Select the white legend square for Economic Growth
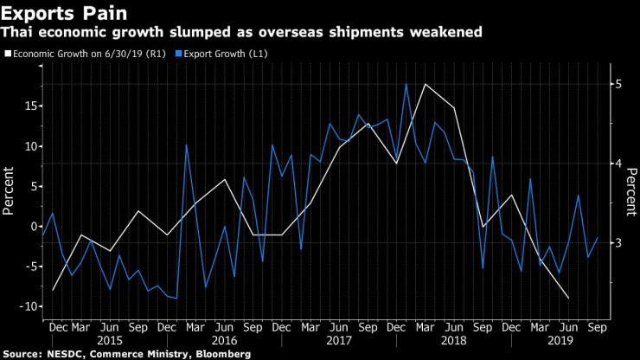(x=8, y=54)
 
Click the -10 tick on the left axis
(x=25, y=306)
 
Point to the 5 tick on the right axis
(x=618, y=84)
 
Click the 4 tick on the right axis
(x=618, y=164)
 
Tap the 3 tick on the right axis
(x=618, y=243)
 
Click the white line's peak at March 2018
(x=425, y=84)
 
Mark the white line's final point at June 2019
(x=568, y=299)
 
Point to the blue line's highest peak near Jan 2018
(x=406, y=84)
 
